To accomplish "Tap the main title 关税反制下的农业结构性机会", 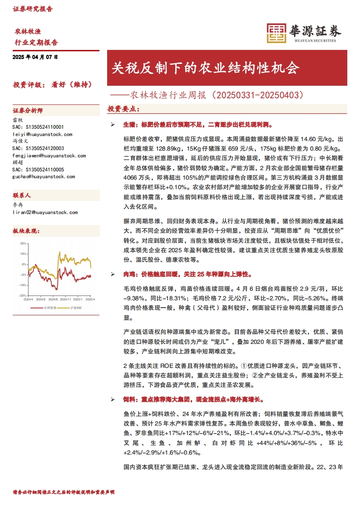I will click(206, 69).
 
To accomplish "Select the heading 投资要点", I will click(123, 109).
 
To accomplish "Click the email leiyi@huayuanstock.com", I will click(42, 135).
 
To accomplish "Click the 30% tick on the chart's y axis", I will click(23, 243).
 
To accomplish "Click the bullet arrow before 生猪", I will click(113, 124).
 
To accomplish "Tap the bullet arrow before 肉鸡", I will click(113, 275).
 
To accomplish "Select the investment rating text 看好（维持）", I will click(73, 84).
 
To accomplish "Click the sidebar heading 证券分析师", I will click(28, 111).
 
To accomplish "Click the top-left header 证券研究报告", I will click(33, 9).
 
